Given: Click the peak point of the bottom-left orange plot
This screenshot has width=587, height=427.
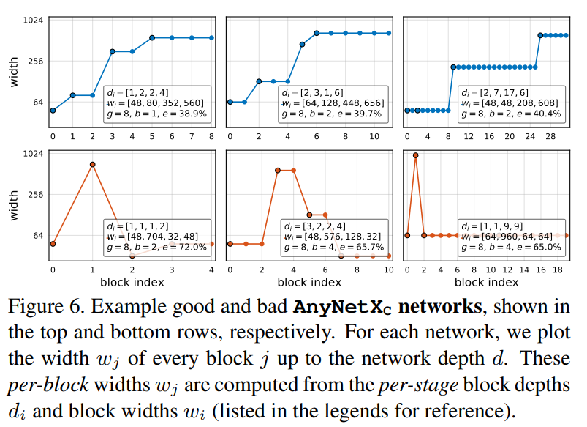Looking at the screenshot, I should click(x=93, y=165).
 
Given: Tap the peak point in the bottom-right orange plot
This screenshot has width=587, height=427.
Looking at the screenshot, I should click(x=416, y=155).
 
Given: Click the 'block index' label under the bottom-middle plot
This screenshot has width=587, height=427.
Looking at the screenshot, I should click(x=309, y=282).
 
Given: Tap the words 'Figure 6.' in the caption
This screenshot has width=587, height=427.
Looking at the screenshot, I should click(x=52, y=305).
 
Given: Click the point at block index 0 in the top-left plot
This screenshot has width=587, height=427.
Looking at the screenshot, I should click(x=53, y=111).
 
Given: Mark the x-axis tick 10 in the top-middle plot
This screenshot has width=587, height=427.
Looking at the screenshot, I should click(x=374, y=137).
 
